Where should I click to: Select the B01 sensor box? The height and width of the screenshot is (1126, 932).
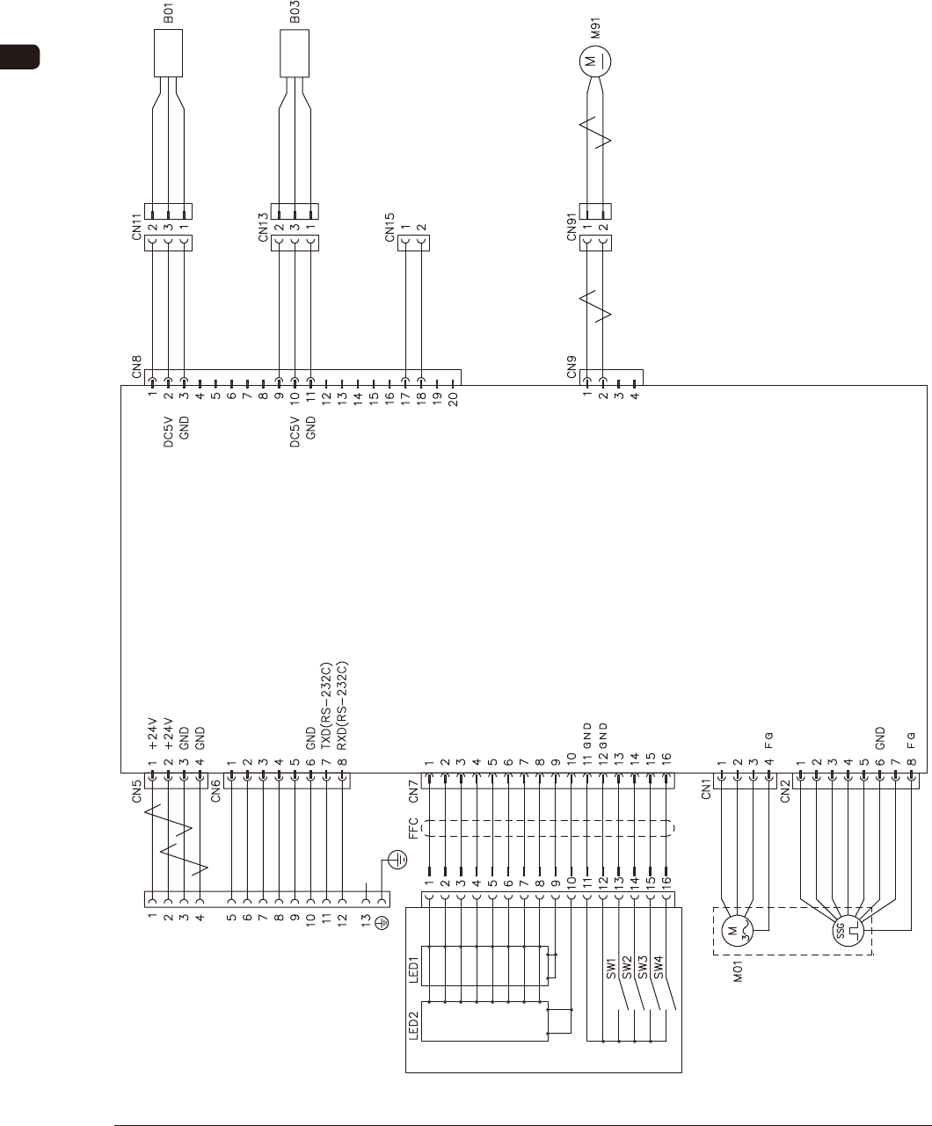pos(168,53)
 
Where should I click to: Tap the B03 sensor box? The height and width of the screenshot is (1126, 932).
pos(295,53)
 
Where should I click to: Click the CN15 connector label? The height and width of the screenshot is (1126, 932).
pos(390,226)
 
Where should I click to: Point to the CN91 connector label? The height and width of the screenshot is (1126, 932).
pos(572,226)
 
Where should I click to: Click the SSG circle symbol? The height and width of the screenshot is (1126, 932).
pos(846,932)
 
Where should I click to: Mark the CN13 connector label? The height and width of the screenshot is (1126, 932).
pos(263,226)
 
